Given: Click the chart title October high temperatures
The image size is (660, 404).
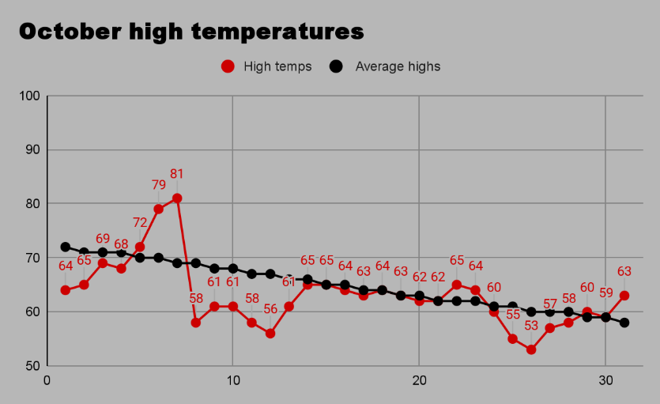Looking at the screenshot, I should pyautogui.click(x=191, y=32).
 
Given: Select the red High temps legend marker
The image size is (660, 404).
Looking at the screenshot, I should pyautogui.click(x=228, y=66).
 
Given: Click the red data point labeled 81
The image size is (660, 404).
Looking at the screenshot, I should pyautogui.click(x=177, y=198).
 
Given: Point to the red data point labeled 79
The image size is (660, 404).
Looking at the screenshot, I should pyautogui.click(x=159, y=209).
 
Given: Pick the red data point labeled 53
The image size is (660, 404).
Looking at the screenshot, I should pyautogui.click(x=531, y=349).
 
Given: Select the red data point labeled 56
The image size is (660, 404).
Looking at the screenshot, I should pyautogui.click(x=270, y=334).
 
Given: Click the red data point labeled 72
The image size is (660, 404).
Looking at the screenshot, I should pyautogui.click(x=140, y=247).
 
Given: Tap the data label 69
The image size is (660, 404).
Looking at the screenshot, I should pyautogui.click(x=103, y=239).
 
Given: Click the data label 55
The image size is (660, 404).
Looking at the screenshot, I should pyautogui.click(x=513, y=314).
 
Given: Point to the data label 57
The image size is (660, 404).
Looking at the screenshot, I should pyautogui.click(x=550, y=304).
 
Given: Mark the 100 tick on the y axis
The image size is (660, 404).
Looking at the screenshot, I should pyautogui.click(x=28, y=96).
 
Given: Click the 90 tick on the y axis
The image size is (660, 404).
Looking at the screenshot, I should pyautogui.click(x=32, y=150).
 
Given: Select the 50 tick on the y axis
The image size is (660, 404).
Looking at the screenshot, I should pyautogui.click(x=32, y=366).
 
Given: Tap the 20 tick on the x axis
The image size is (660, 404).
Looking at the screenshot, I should pyautogui.click(x=419, y=379).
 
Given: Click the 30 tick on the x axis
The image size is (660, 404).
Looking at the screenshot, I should pyautogui.click(x=605, y=379).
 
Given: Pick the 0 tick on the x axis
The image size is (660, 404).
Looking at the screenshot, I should pyautogui.click(x=47, y=379).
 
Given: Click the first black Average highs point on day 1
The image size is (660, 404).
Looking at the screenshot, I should pyautogui.click(x=66, y=247).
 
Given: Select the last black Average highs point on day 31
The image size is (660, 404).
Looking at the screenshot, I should pyautogui.click(x=624, y=323).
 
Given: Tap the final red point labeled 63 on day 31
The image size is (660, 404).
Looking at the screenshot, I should pyautogui.click(x=624, y=296).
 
